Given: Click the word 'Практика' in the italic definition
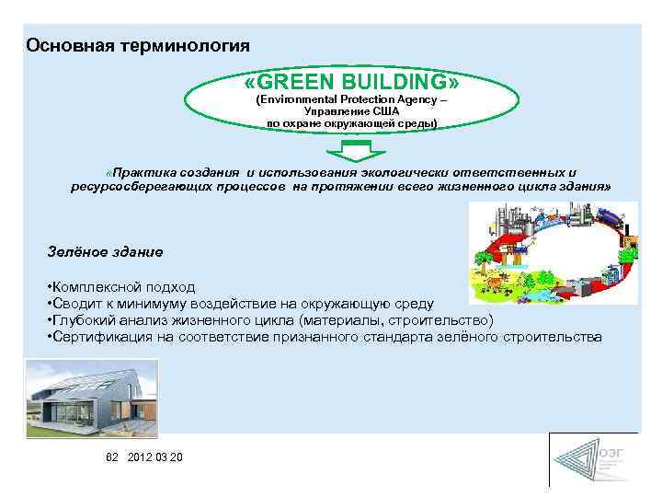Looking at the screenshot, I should point(144,172).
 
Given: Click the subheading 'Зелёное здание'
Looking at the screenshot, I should point(105,250).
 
